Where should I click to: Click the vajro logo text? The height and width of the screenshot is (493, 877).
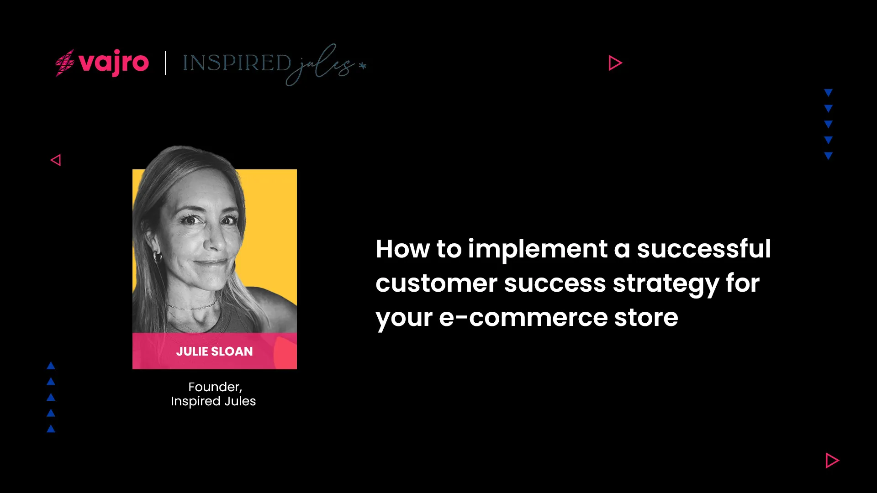point(114,63)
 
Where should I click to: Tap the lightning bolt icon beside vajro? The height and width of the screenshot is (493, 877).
point(65,63)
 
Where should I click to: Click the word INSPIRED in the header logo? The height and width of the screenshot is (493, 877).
point(237,63)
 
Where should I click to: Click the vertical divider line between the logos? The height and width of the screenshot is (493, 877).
point(165,63)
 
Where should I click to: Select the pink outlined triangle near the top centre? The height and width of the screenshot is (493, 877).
point(615,63)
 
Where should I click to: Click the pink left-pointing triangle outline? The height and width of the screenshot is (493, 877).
point(56,160)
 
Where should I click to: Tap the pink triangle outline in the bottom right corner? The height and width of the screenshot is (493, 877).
point(832,461)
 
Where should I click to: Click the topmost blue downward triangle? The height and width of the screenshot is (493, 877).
point(829,93)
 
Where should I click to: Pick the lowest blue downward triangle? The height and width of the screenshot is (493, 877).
point(829,156)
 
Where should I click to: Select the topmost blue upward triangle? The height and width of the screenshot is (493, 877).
point(51,366)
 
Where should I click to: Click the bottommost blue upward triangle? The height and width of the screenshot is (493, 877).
point(51,429)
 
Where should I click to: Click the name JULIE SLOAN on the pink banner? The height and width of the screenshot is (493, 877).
point(214,351)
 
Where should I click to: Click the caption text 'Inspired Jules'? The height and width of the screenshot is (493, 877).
point(213,401)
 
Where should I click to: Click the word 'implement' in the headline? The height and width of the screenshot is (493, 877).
point(538,249)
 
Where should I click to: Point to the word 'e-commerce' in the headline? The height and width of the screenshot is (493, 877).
point(523,318)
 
